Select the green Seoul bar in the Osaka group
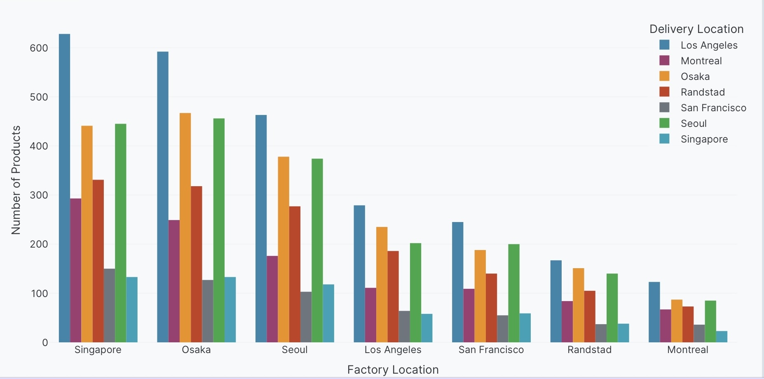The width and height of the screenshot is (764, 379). (x=219, y=230)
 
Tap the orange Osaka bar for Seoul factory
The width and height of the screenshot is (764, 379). (x=284, y=249)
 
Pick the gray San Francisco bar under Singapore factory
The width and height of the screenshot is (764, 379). (x=109, y=305)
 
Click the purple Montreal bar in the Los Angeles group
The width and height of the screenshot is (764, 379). (x=370, y=315)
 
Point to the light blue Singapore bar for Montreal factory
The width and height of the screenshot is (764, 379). (x=722, y=337)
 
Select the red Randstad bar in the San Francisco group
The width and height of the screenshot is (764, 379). (x=491, y=308)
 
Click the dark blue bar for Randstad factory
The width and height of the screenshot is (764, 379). (x=556, y=301)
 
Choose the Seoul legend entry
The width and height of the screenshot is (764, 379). (x=694, y=124)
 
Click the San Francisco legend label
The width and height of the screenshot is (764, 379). (x=713, y=108)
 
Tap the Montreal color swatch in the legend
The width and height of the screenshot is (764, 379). (x=664, y=61)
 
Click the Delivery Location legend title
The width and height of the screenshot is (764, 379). (x=696, y=29)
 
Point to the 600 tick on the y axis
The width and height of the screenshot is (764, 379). (x=39, y=48)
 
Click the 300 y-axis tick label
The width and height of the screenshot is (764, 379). (x=39, y=195)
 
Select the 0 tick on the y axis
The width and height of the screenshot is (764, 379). (x=45, y=343)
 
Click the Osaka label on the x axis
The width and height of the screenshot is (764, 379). (x=196, y=350)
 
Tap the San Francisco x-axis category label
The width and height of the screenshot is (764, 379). (x=491, y=350)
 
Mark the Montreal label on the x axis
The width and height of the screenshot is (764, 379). (x=687, y=350)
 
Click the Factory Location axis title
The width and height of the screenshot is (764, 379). (x=393, y=370)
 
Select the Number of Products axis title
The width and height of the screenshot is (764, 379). (x=16, y=180)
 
